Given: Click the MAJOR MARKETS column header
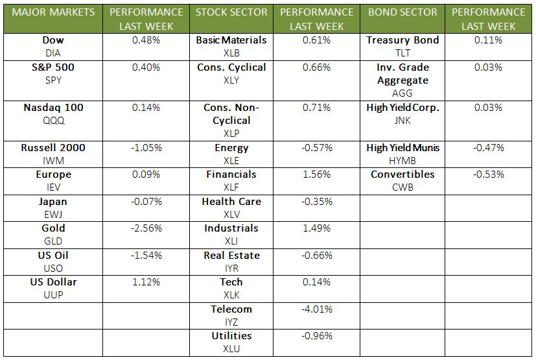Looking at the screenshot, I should [x=53, y=12].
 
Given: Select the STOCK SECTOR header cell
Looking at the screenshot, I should [x=231, y=12].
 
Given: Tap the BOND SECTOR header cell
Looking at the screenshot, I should [x=402, y=12].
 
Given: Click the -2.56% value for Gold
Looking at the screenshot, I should [x=146, y=228].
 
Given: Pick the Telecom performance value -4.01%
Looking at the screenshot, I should [x=317, y=309].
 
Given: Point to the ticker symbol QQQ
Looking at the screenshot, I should [x=53, y=120].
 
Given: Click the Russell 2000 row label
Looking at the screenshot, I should [x=53, y=148].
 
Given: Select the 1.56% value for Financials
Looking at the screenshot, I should [x=317, y=174].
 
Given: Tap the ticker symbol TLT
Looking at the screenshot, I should [x=402, y=53].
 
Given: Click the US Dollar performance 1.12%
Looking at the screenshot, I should [x=146, y=282].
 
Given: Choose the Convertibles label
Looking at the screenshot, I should [x=402, y=174].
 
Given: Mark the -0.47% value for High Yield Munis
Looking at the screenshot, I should [x=489, y=148].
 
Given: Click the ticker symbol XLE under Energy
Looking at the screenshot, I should [x=231, y=160].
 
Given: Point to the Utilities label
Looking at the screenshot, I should [x=231, y=336].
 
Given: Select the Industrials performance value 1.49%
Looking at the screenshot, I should [x=317, y=228].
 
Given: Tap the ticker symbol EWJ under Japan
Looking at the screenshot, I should [x=53, y=214].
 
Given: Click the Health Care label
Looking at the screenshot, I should [x=231, y=202].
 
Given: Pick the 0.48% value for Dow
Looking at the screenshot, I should [x=146, y=40].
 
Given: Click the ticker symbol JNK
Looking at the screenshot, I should [x=402, y=120].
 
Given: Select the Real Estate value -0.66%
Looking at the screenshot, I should [x=317, y=256].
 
